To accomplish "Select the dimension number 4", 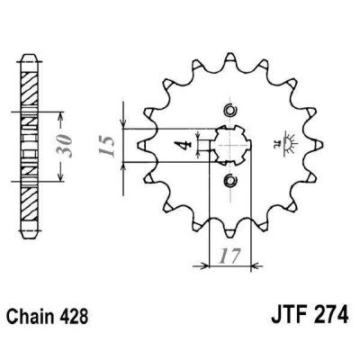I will click(x=185, y=143).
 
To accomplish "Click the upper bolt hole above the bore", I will click(x=228, y=111).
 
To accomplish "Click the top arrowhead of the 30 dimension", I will click(x=60, y=116).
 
